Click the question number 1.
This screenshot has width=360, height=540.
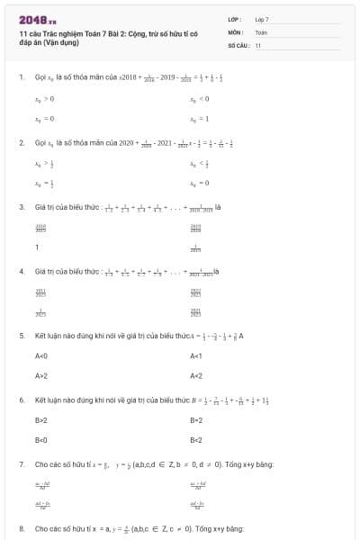21,77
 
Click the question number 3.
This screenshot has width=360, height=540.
21,207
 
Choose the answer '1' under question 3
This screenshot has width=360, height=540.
37,247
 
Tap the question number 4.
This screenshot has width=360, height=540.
21,271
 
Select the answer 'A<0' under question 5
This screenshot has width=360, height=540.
41,356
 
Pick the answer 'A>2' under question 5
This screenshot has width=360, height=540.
41,375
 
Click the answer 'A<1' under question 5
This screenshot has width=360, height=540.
197,356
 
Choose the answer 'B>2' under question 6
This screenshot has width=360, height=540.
41,420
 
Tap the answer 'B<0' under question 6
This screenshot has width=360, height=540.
41,440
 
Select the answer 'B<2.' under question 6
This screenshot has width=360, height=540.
197,440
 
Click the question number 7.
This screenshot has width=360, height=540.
21,463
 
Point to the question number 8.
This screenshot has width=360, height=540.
21,528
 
